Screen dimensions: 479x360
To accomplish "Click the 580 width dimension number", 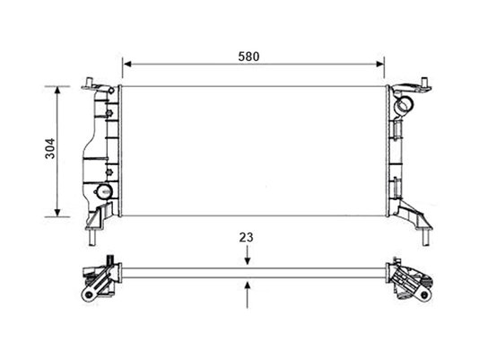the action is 248,57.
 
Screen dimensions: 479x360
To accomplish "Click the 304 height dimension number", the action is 50,149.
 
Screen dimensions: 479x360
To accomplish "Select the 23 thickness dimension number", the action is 246,237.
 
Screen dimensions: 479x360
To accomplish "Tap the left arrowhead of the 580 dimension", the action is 127,64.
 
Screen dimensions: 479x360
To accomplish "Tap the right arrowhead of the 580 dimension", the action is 379,64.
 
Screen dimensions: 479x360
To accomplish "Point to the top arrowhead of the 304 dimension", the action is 57,91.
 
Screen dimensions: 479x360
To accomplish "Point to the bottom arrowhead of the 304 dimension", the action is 57,212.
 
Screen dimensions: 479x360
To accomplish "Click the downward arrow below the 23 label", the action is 248,255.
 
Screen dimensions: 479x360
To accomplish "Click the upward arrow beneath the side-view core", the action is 248,294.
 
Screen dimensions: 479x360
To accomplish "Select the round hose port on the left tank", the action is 104,192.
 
